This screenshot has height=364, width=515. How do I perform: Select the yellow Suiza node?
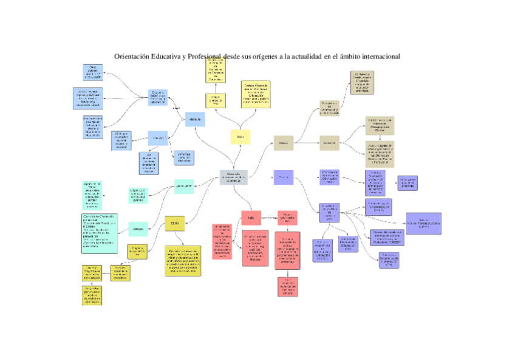(x=240, y=137)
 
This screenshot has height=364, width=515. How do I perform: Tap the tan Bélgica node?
(x=282, y=143)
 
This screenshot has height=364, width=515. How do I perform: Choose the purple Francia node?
(x=283, y=177)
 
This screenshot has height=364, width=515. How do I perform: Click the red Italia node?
(x=250, y=216)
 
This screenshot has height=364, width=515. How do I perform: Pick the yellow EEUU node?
(x=175, y=224)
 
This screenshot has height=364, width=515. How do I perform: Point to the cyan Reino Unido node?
(x=184, y=185)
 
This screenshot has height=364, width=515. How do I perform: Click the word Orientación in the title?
(x=132, y=57)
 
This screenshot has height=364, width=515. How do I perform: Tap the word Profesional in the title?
(x=205, y=57)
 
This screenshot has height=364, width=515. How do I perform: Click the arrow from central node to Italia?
(x=242, y=197)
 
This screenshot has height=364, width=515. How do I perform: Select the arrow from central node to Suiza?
(x=237, y=157)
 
